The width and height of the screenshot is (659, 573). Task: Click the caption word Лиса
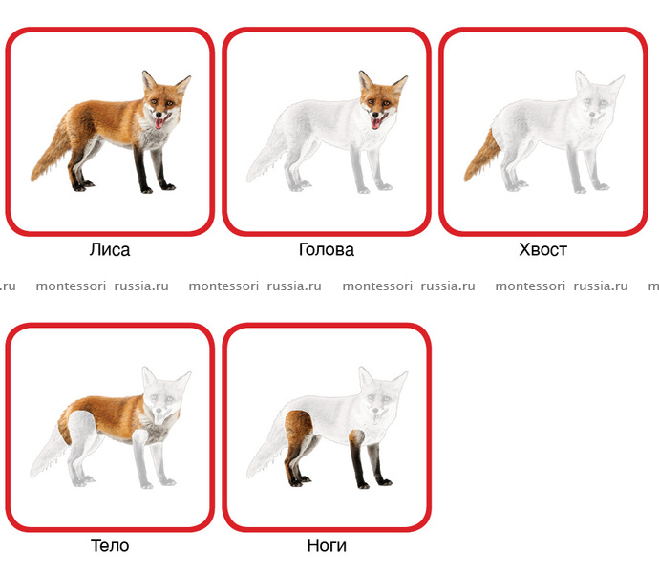[110, 249]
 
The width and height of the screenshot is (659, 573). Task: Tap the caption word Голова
[326, 249]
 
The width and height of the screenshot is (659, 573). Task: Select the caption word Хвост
[543, 249]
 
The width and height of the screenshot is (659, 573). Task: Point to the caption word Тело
[110, 545]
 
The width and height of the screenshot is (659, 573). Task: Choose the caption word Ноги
[327, 545]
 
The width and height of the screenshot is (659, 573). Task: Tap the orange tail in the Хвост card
[481, 157]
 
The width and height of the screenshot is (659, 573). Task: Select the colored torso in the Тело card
[114, 416]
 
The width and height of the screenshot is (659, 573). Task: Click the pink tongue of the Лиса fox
[159, 123]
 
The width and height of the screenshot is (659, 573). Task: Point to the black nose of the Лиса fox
[159, 114]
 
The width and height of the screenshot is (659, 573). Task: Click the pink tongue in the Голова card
[375, 123]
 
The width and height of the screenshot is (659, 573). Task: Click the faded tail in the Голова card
[266, 154]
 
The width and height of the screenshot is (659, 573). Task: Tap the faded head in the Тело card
[165, 396]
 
